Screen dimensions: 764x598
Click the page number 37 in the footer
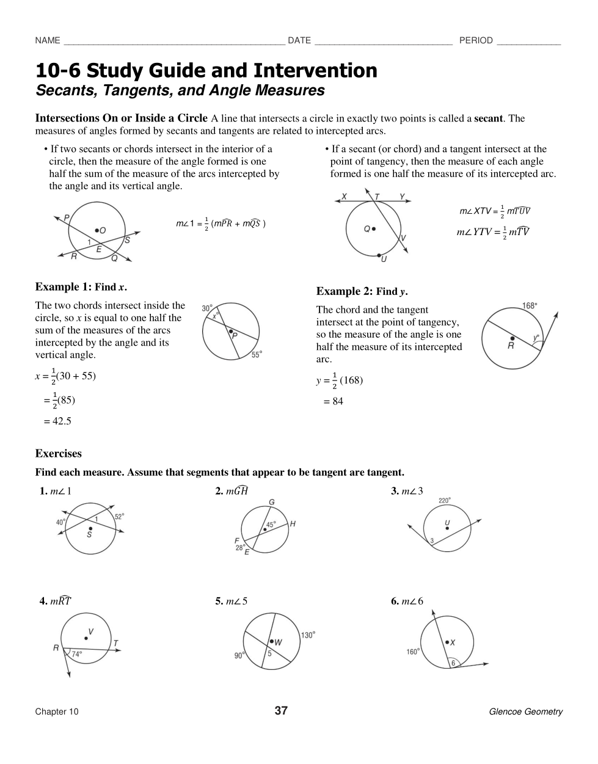(281, 710)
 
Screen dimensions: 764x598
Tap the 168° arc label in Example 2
(530, 305)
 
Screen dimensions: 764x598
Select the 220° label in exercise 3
(445, 500)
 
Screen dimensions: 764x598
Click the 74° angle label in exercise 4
(77, 653)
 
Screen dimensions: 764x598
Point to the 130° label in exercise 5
(308, 635)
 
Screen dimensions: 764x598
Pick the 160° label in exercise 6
(413, 652)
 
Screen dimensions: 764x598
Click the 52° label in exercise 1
(119, 516)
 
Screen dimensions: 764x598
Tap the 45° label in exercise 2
(271, 524)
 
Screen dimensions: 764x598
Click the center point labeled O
(97, 230)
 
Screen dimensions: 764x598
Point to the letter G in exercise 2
(272, 502)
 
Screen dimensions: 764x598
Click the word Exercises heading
(58, 454)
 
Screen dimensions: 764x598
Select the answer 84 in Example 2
(337, 401)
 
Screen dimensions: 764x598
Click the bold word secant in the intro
(489, 118)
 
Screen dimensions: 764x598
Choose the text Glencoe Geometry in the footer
(525, 711)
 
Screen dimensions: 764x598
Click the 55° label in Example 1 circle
(257, 354)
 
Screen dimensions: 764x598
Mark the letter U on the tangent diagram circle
(384, 259)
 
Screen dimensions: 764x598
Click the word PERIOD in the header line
(476, 40)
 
